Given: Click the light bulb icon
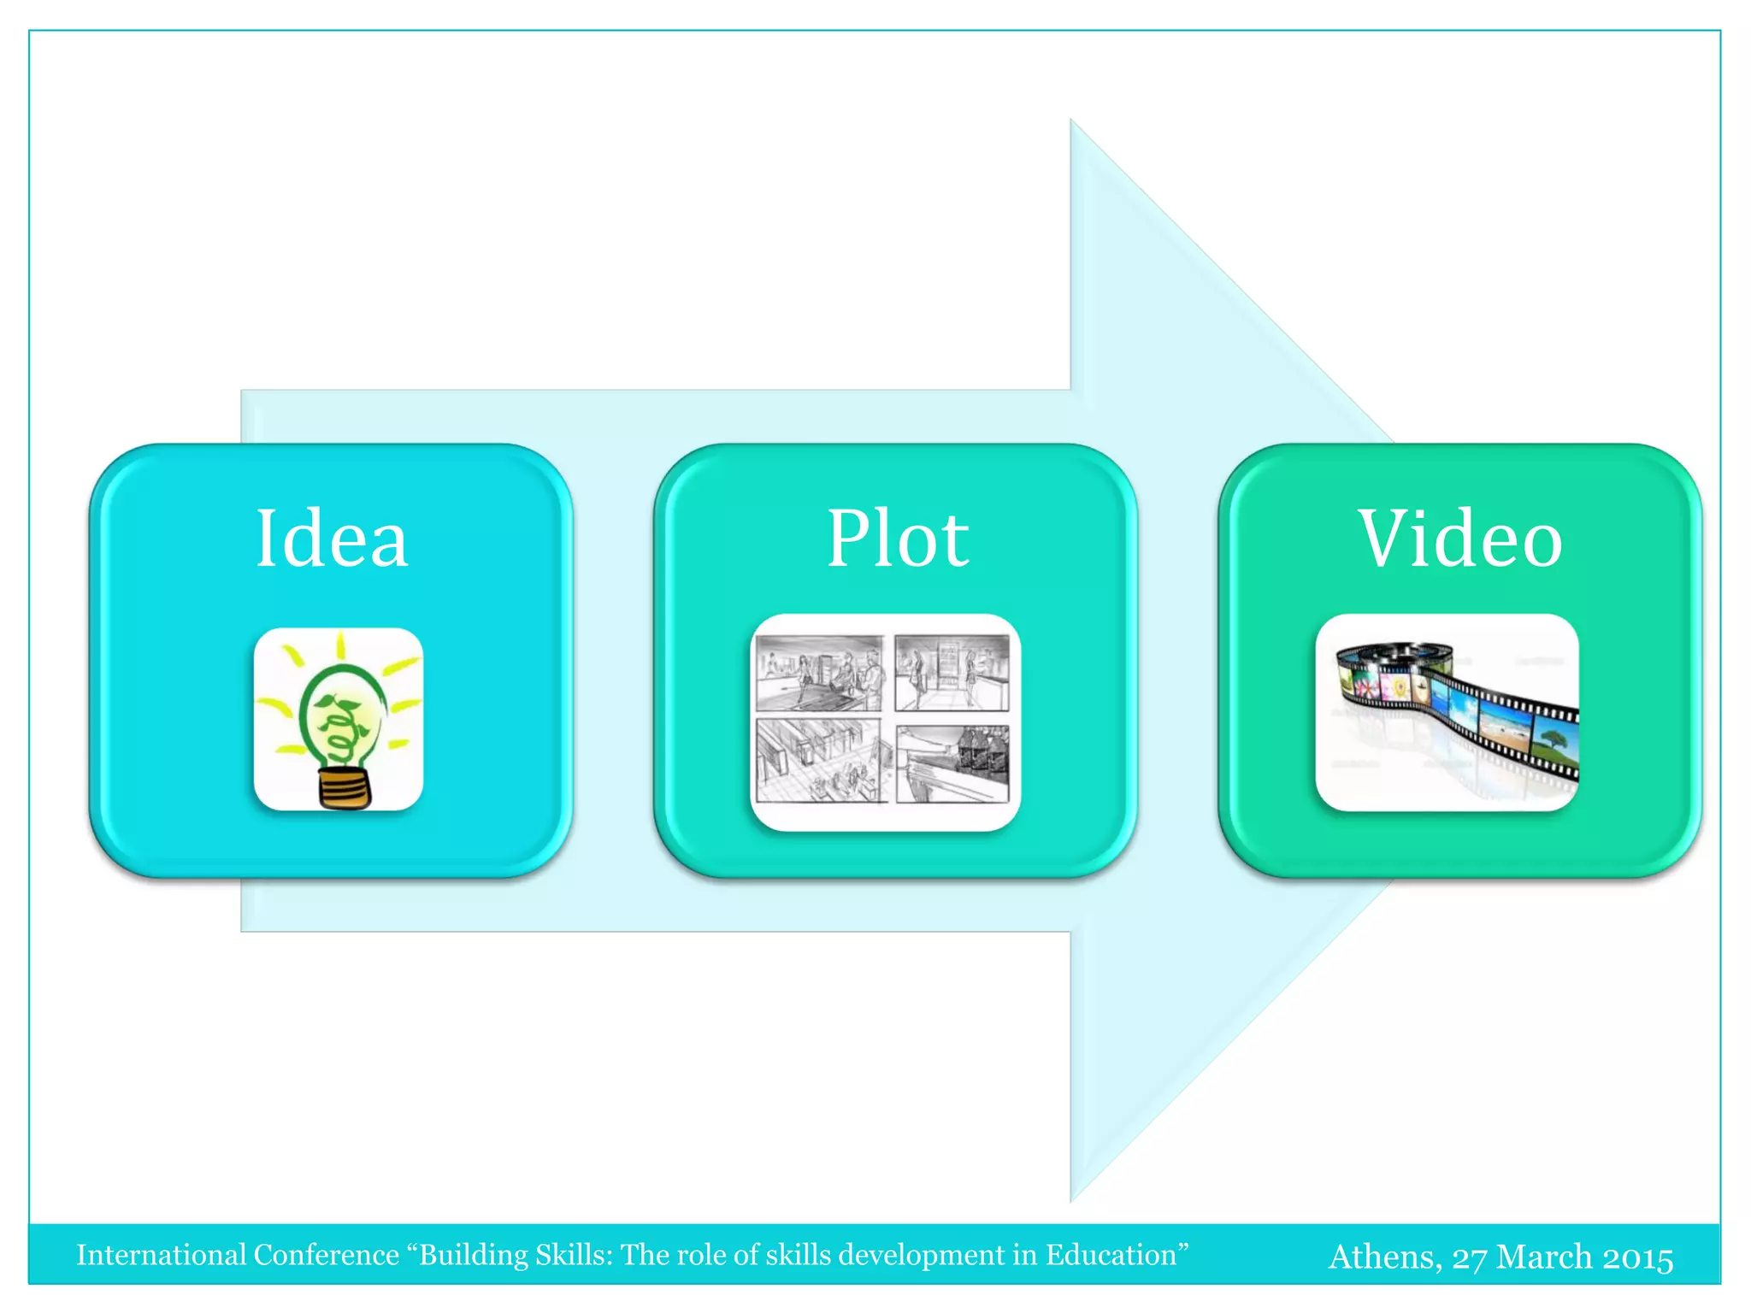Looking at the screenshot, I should click(x=339, y=718).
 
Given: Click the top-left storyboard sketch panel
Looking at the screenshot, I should click(x=819, y=673).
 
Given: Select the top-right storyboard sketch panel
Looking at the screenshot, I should click(x=952, y=673).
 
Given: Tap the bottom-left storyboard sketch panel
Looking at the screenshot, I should click(x=818, y=761).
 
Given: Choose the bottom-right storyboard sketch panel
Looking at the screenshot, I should click(x=952, y=763).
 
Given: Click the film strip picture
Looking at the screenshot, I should click(x=1447, y=712).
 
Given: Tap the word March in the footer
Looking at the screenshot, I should click(x=1544, y=1257).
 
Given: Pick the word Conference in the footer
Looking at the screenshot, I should click(x=327, y=1255).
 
